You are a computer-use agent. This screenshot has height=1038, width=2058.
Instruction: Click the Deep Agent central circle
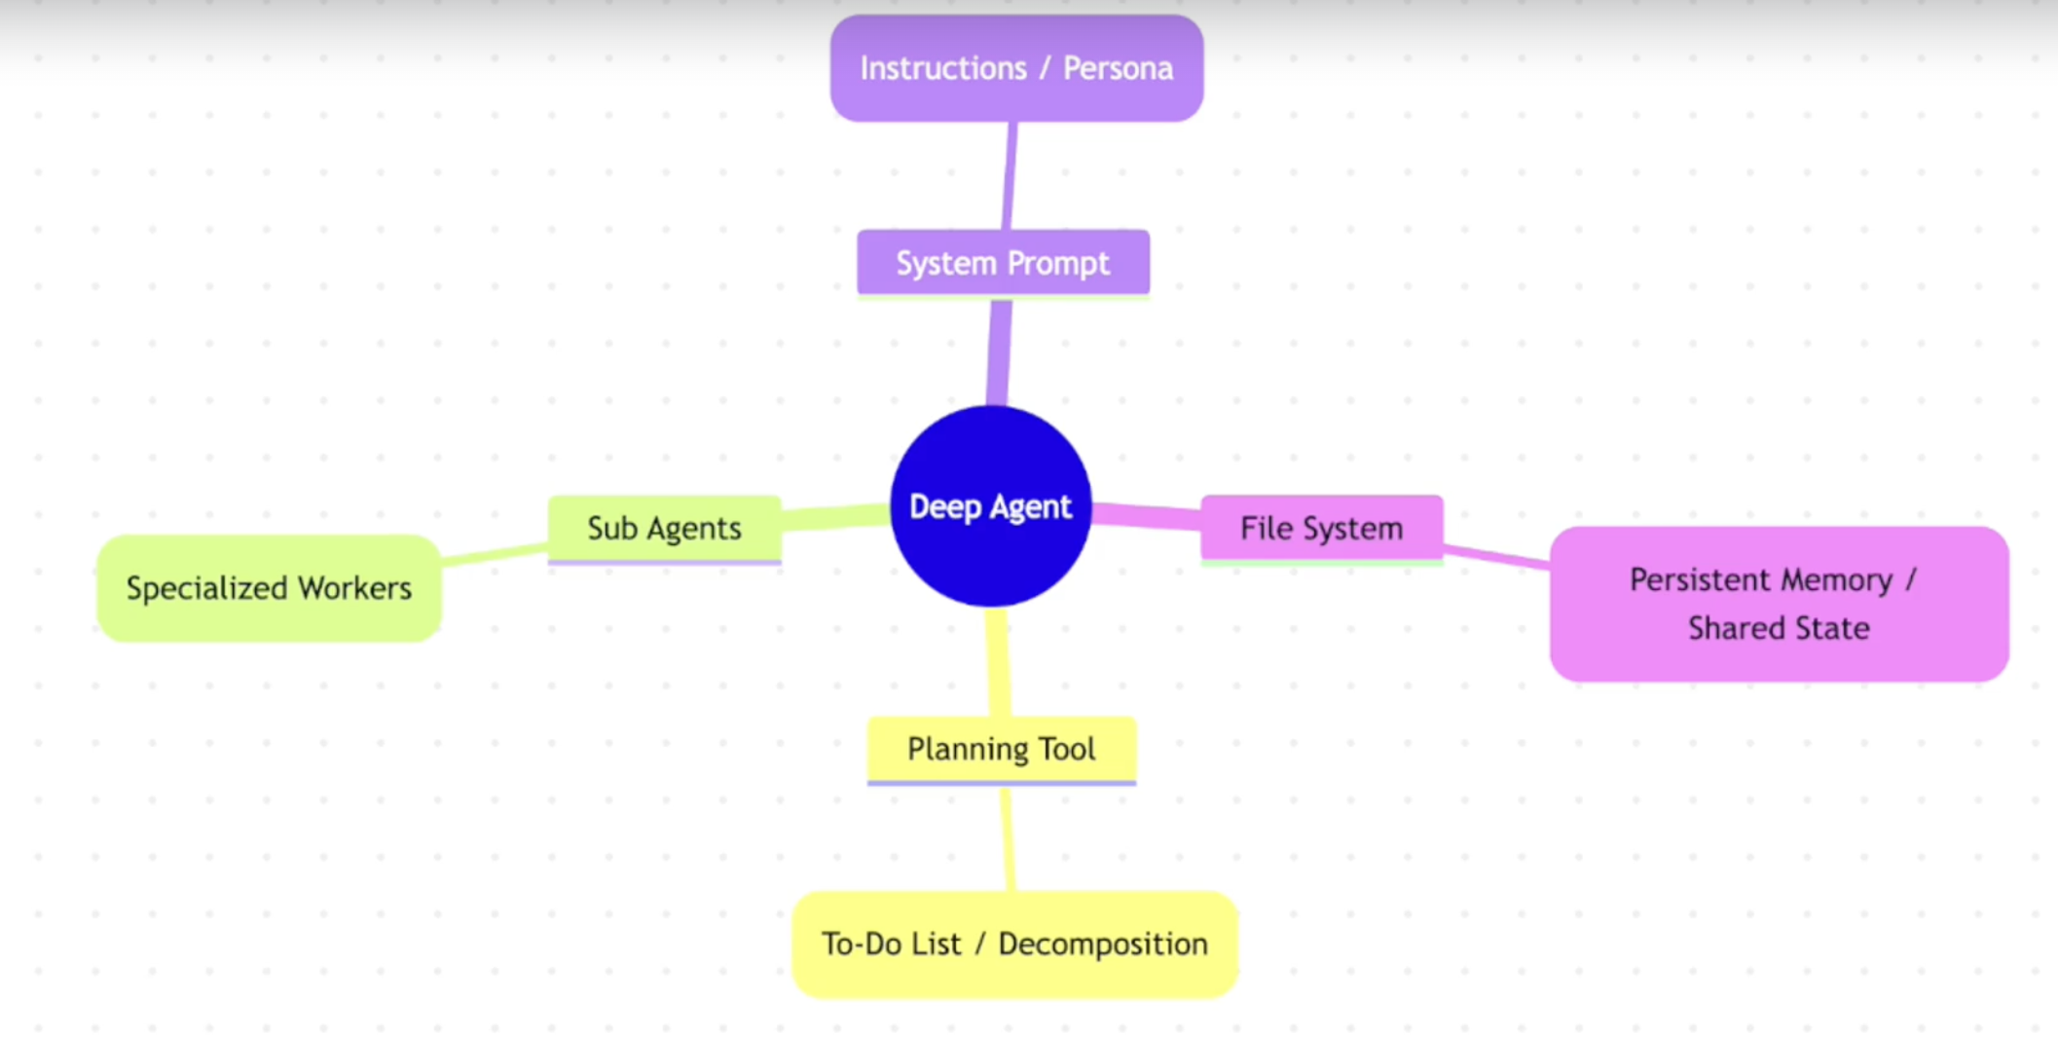point(990,506)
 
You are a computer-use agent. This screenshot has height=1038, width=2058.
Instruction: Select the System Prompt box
point(1003,263)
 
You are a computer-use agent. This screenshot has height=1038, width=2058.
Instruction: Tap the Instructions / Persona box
point(1016,68)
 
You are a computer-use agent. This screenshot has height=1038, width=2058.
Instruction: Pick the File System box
point(1321,528)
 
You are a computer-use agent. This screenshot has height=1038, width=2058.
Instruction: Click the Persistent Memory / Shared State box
point(1779,604)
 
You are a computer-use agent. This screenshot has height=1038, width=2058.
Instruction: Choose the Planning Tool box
point(1001,749)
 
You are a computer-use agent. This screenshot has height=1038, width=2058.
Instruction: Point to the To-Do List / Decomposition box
point(1014,944)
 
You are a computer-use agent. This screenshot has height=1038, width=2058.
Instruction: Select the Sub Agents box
point(664,528)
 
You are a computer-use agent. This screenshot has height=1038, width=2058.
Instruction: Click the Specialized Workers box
point(269,588)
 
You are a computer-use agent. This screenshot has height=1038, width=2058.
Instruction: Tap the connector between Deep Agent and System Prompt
point(999,351)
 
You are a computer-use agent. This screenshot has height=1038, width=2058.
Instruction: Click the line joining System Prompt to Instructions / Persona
point(1010,175)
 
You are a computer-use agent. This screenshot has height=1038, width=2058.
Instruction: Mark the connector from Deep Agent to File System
point(1147,516)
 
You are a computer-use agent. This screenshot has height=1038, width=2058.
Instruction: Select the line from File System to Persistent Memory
point(1496,557)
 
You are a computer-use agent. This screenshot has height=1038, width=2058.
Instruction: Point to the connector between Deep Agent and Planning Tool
point(998,662)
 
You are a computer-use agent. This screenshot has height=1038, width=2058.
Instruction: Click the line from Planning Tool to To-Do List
point(1008,837)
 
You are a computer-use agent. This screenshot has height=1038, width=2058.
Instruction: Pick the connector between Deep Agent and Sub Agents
point(835,517)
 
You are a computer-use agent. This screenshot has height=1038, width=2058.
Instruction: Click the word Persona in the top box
point(1118,68)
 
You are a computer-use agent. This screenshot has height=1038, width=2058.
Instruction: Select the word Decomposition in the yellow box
point(1102,944)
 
